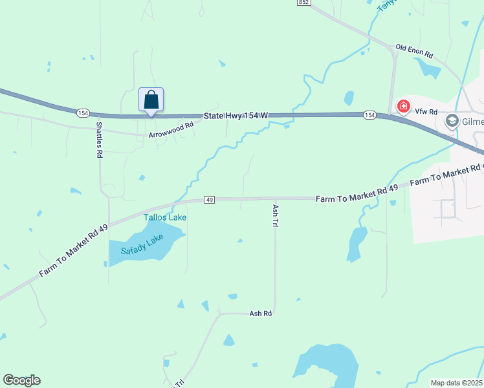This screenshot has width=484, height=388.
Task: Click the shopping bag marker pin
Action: click(x=151, y=101)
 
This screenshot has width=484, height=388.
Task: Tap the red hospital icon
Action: click(x=404, y=105)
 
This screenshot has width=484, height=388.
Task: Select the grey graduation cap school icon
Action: click(x=452, y=121)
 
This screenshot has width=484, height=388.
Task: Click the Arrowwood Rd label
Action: click(x=171, y=130)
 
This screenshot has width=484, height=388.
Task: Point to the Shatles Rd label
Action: click(x=99, y=140)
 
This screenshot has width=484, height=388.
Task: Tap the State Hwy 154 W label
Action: click(x=236, y=115)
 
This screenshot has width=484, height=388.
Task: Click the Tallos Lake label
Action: click(x=165, y=217)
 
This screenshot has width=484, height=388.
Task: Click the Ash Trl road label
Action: click(x=275, y=215)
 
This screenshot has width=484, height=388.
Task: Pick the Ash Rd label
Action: click(x=260, y=313)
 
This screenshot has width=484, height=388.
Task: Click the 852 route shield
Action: click(x=303, y=3)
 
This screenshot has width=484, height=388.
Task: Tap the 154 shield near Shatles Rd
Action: click(x=82, y=113)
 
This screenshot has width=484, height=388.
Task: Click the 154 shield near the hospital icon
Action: click(x=369, y=114)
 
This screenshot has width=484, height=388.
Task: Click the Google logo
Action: click(x=21, y=380)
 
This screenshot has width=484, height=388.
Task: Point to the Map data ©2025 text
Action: click(x=456, y=383)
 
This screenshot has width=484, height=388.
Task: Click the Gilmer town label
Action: click(x=472, y=121)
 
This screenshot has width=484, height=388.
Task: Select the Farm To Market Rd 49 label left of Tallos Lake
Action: click(x=72, y=250)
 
